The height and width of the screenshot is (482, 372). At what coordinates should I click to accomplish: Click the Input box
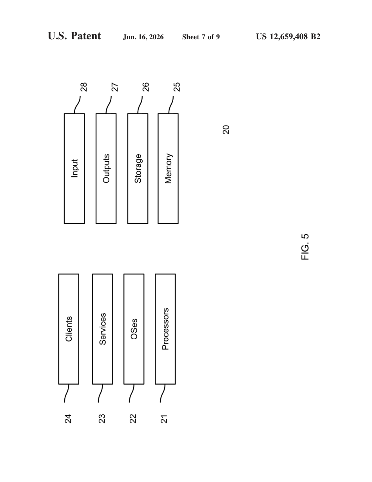(74, 168)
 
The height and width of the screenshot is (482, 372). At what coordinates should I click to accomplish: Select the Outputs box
(106, 168)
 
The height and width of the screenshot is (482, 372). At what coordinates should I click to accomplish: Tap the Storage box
(138, 168)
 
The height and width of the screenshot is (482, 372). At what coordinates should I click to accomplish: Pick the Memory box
(168, 168)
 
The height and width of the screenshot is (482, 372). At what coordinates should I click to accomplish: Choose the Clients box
(69, 329)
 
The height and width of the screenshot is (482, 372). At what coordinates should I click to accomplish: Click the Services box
(103, 329)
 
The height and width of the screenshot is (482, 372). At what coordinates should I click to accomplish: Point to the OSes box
(134, 329)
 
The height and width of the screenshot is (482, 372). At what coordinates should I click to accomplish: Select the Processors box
(165, 329)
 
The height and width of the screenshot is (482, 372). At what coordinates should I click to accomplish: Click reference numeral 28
(84, 87)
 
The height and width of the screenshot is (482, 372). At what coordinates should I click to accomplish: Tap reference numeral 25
(177, 87)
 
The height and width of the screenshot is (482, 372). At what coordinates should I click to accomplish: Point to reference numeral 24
(68, 419)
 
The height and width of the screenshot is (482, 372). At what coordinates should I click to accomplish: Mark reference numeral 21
(164, 419)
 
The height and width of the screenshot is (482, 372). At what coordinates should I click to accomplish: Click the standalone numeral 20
(226, 130)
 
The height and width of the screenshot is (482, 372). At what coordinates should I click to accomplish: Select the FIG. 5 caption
(305, 247)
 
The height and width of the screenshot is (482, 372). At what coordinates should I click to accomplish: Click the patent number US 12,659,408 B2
(288, 37)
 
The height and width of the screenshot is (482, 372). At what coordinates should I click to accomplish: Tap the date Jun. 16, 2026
(143, 37)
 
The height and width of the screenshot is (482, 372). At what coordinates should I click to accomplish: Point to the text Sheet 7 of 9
(201, 37)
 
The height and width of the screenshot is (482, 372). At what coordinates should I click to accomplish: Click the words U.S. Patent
(74, 36)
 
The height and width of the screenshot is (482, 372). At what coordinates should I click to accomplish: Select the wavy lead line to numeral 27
(108, 105)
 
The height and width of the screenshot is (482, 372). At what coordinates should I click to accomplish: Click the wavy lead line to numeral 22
(132, 393)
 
